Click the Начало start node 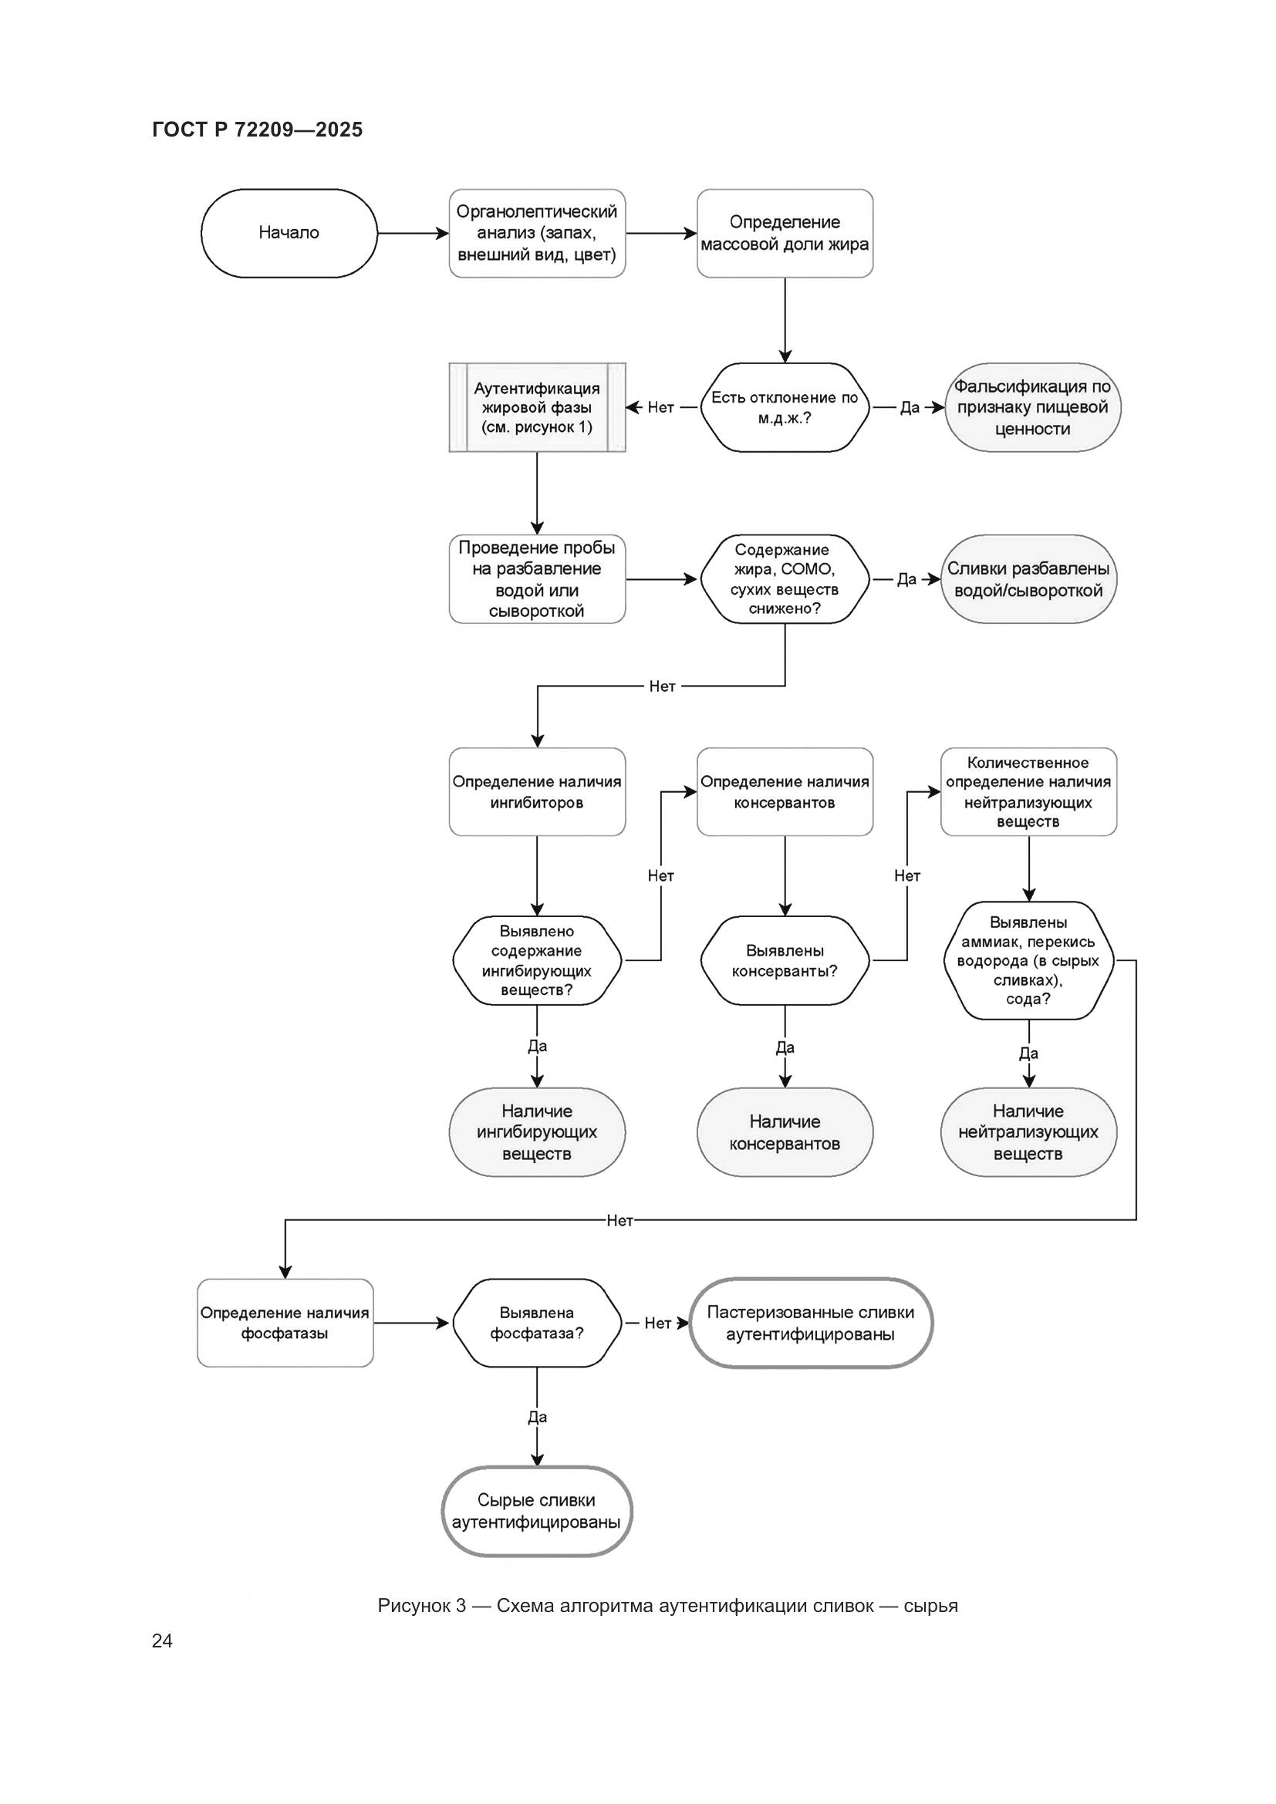[289, 233]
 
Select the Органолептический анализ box [537, 233]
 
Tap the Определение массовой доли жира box [784, 233]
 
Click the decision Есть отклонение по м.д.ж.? [784, 407]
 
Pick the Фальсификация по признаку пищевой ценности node [1031, 407]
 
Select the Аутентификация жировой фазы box [537, 407]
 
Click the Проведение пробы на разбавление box [537, 579]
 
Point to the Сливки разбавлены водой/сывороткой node [1028, 579]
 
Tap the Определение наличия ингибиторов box [537, 791]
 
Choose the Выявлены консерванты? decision [784, 960]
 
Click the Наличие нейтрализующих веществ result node [1028, 1132]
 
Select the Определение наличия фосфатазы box [285, 1323]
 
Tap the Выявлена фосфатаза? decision [537, 1323]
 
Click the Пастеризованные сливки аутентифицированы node [810, 1323]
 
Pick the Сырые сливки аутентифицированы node [537, 1511]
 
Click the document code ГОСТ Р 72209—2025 [257, 130]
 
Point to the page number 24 [162, 1640]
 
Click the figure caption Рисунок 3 [667, 1605]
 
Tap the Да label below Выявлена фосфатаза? [537, 1417]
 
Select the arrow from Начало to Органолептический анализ [413, 234]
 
